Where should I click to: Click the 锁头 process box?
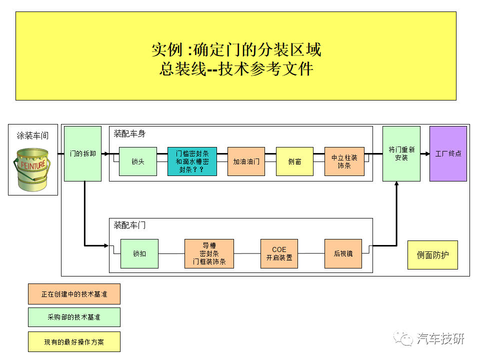pyautogui.click(x=138, y=161)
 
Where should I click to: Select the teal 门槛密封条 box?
pyautogui.click(x=192, y=161)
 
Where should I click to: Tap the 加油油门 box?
pyautogui.click(x=246, y=161)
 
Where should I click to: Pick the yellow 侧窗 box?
pyautogui.click(x=294, y=161)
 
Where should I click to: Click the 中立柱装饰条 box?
pyautogui.click(x=344, y=161)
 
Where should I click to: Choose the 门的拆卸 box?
pyautogui.click(x=82, y=153)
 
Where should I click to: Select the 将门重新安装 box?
pyautogui.click(x=401, y=153)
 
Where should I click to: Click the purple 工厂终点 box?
pyautogui.click(x=448, y=153)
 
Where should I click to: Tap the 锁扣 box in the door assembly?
pyautogui.click(x=139, y=253)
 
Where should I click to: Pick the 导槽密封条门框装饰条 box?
pyautogui.click(x=209, y=253)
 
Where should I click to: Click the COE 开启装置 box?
pyautogui.click(x=279, y=253)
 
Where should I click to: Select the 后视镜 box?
pyautogui.click(x=343, y=253)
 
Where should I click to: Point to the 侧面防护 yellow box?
pyautogui.click(x=432, y=255)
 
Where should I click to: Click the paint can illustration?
pyautogui.click(x=32, y=169)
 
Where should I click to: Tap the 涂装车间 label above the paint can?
pyautogui.click(x=32, y=135)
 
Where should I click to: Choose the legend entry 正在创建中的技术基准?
pyautogui.click(x=74, y=294)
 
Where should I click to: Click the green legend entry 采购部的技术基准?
pyautogui.click(x=74, y=317)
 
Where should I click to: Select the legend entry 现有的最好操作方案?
pyautogui.click(x=74, y=341)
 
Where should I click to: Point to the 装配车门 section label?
pyautogui.click(x=129, y=225)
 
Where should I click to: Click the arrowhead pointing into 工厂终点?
pyautogui.click(x=427, y=153)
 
